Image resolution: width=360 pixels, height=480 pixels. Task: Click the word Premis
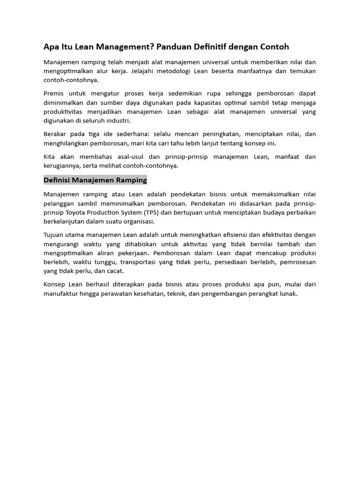click(54, 93)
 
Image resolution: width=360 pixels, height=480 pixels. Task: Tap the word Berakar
click(56, 134)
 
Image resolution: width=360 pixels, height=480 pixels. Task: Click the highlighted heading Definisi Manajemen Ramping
click(95, 180)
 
